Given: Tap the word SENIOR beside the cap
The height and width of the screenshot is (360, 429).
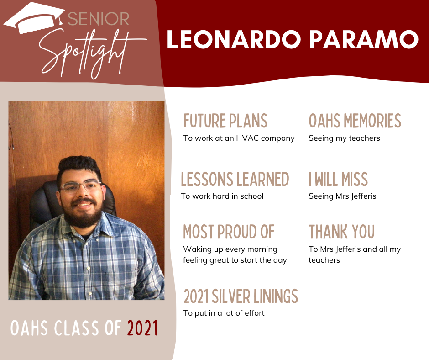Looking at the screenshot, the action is pyautogui.click(x=98, y=19).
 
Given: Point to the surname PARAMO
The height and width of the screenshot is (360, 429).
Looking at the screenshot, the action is pyautogui.click(x=364, y=39).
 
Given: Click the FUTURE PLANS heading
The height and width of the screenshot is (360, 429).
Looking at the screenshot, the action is pyautogui.click(x=225, y=121).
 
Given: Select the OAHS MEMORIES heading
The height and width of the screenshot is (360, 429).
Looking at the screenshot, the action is pyautogui.click(x=355, y=121).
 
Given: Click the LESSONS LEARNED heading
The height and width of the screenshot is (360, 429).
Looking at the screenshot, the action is pyautogui.click(x=235, y=179).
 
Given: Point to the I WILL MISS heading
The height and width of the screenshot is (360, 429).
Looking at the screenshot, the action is pyautogui.click(x=338, y=179).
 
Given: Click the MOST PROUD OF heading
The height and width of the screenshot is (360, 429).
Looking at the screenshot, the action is pyautogui.click(x=229, y=232).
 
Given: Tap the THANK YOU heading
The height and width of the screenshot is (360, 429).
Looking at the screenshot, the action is pyautogui.click(x=342, y=232).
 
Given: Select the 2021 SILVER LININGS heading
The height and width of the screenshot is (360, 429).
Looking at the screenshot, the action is pyautogui.click(x=241, y=296).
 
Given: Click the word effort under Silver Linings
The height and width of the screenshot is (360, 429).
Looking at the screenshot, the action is pyautogui.click(x=255, y=313).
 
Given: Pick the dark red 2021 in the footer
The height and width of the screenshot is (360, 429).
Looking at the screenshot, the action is pyautogui.click(x=142, y=328).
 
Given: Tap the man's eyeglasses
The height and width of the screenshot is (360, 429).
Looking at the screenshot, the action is pyautogui.click(x=81, y=186).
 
